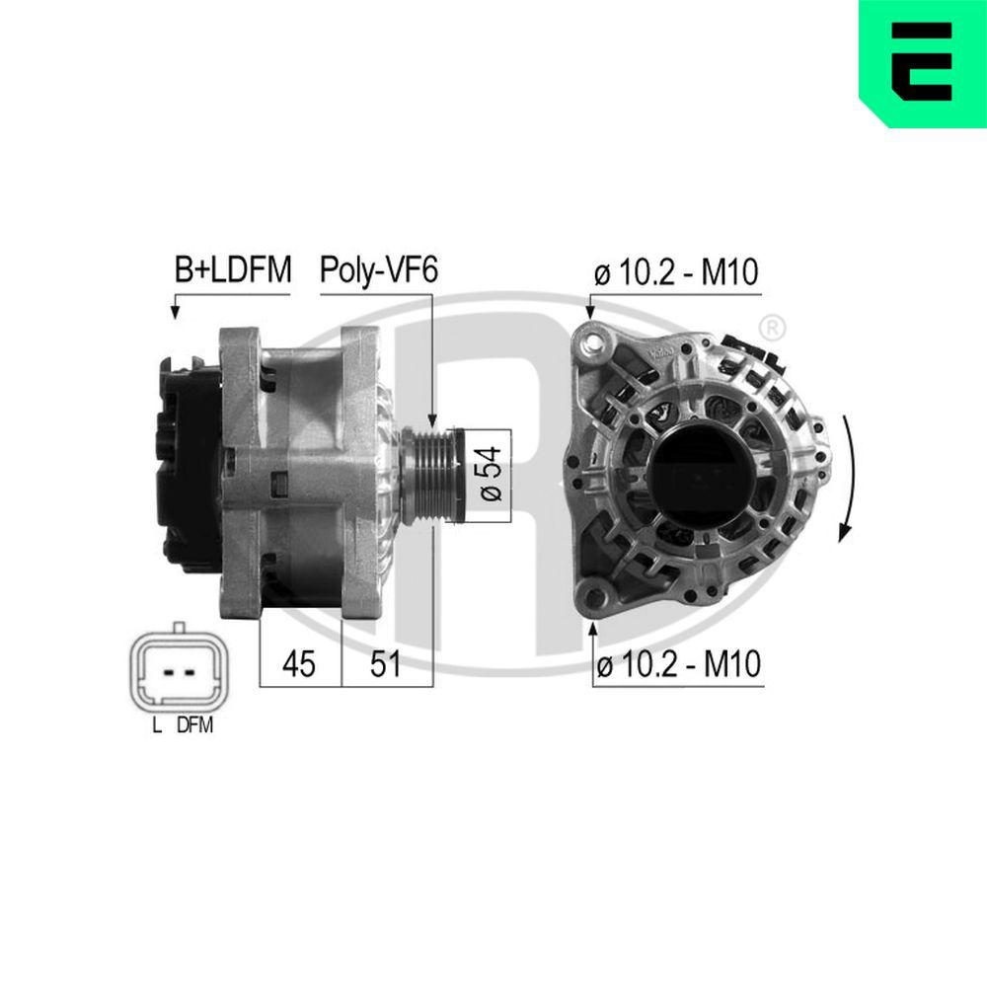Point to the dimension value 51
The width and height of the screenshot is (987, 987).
[x=385, y=664]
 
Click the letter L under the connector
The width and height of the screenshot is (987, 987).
[x=156, y=725]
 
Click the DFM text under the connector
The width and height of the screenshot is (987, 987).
[x=194, y=725]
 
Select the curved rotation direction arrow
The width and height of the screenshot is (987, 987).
[x=846, y=479]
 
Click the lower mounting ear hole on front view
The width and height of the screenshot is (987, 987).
[x=594, y=593]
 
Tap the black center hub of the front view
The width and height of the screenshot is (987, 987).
[x=703, y=468]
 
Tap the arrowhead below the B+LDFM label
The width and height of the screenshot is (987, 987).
[x=176, y=312]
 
